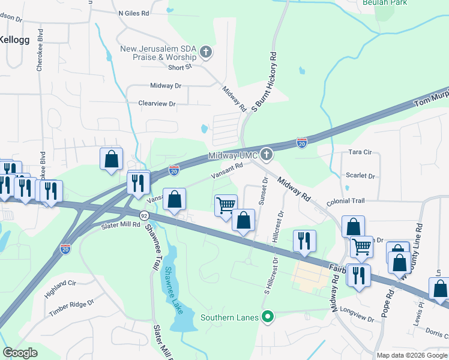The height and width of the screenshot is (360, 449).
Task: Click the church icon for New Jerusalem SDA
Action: [206, 52]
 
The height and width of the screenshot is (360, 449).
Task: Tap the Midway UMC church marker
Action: [267, 155]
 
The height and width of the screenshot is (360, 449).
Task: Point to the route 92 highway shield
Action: [144, 215]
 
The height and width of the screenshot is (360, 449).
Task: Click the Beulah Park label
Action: [385, 3]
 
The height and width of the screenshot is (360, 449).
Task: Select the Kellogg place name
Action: [13, 39]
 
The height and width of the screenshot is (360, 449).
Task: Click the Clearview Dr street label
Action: [157, 104]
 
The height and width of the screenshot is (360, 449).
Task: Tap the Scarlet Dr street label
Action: [360, 176]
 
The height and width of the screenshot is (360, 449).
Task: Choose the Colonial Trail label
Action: [346, 202]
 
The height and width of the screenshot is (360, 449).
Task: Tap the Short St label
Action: [179, 67]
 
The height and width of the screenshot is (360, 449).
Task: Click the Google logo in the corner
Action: [20, 353]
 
